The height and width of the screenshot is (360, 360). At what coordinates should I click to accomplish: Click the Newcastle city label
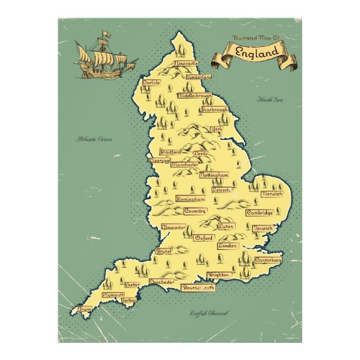(188, 62)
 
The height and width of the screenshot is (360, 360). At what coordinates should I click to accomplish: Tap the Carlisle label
(151, 83)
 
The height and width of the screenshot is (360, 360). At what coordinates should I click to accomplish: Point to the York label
(217, 129)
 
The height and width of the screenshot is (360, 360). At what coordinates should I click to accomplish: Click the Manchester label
(185, 164)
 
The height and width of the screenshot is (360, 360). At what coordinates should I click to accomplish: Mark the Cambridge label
(260, 213)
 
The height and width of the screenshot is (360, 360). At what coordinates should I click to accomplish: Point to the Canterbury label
(268, 260)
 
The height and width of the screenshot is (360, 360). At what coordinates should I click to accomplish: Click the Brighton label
(219, 275)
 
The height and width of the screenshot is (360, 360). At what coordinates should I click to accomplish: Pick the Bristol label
(164, 251)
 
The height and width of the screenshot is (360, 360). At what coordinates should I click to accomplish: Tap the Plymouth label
(113, 295)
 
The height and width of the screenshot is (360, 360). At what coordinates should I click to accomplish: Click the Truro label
(85, 308)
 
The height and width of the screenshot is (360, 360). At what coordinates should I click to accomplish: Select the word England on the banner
(257, 52)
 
